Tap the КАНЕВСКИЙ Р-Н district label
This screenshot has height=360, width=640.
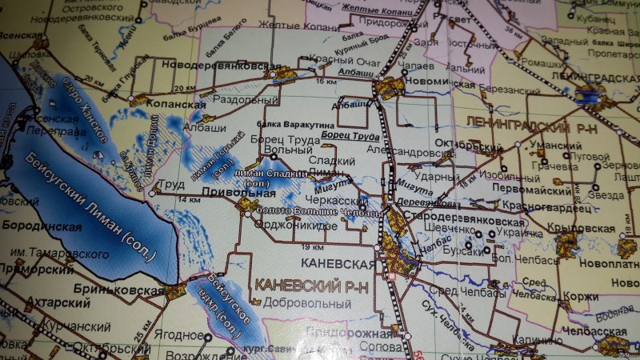[305, 285]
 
